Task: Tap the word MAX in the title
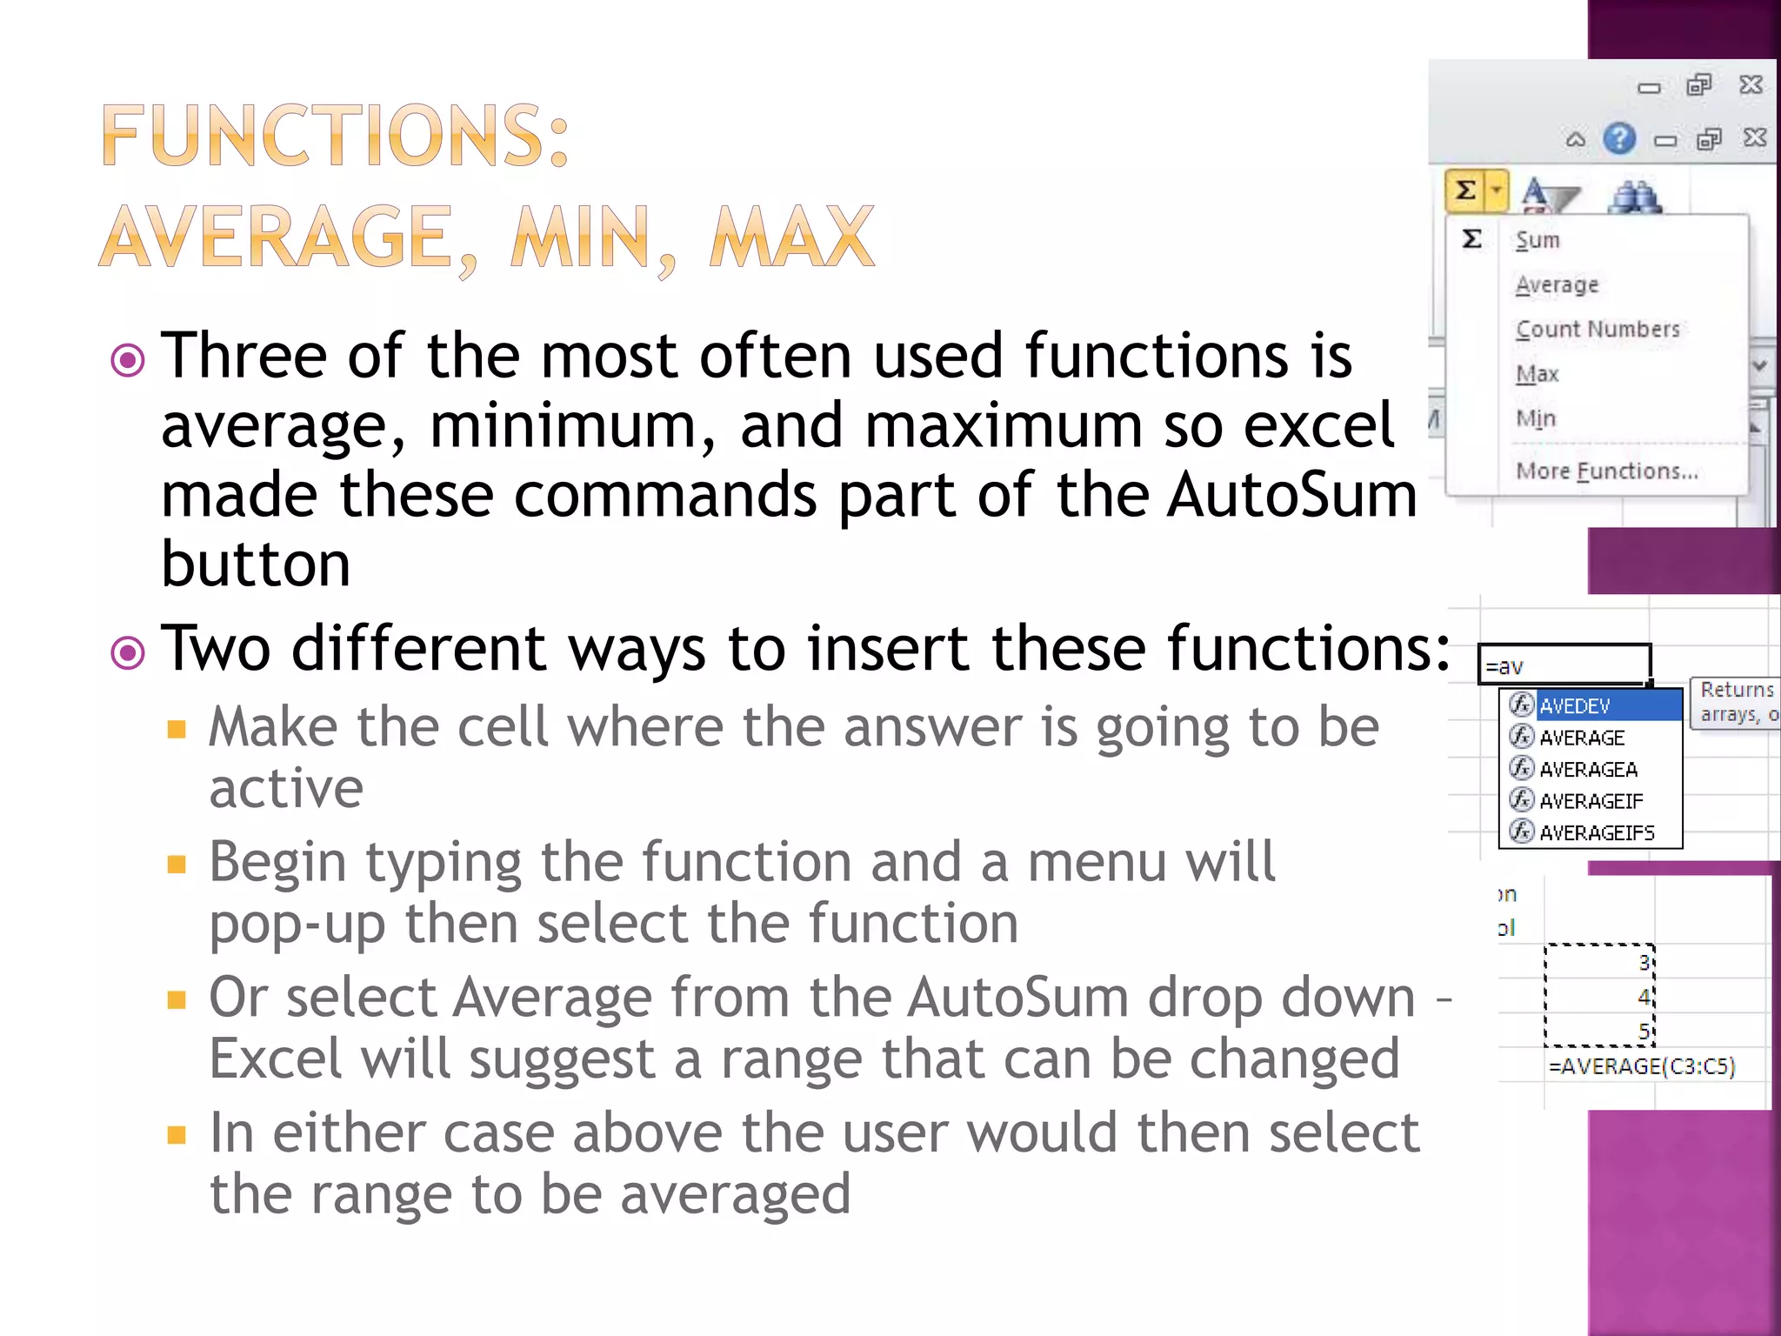point(791,237)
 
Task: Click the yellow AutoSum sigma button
point(1466,190)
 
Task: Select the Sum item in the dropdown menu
point(1538,240)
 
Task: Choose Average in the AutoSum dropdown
point(1557,285)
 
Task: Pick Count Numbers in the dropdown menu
point(1598,330)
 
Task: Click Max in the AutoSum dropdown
point(1537,374)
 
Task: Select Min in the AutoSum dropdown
point(1536,418)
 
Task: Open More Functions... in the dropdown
point(1606,471)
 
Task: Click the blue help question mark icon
point(1619,138)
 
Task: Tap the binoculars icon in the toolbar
point(1635,197)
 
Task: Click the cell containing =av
point(1564,665)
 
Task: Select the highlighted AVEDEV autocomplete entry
point(1575,705)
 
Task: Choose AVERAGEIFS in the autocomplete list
point(1597,832)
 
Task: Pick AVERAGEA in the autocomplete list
point(1588,769)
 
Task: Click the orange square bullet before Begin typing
point(177,864)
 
